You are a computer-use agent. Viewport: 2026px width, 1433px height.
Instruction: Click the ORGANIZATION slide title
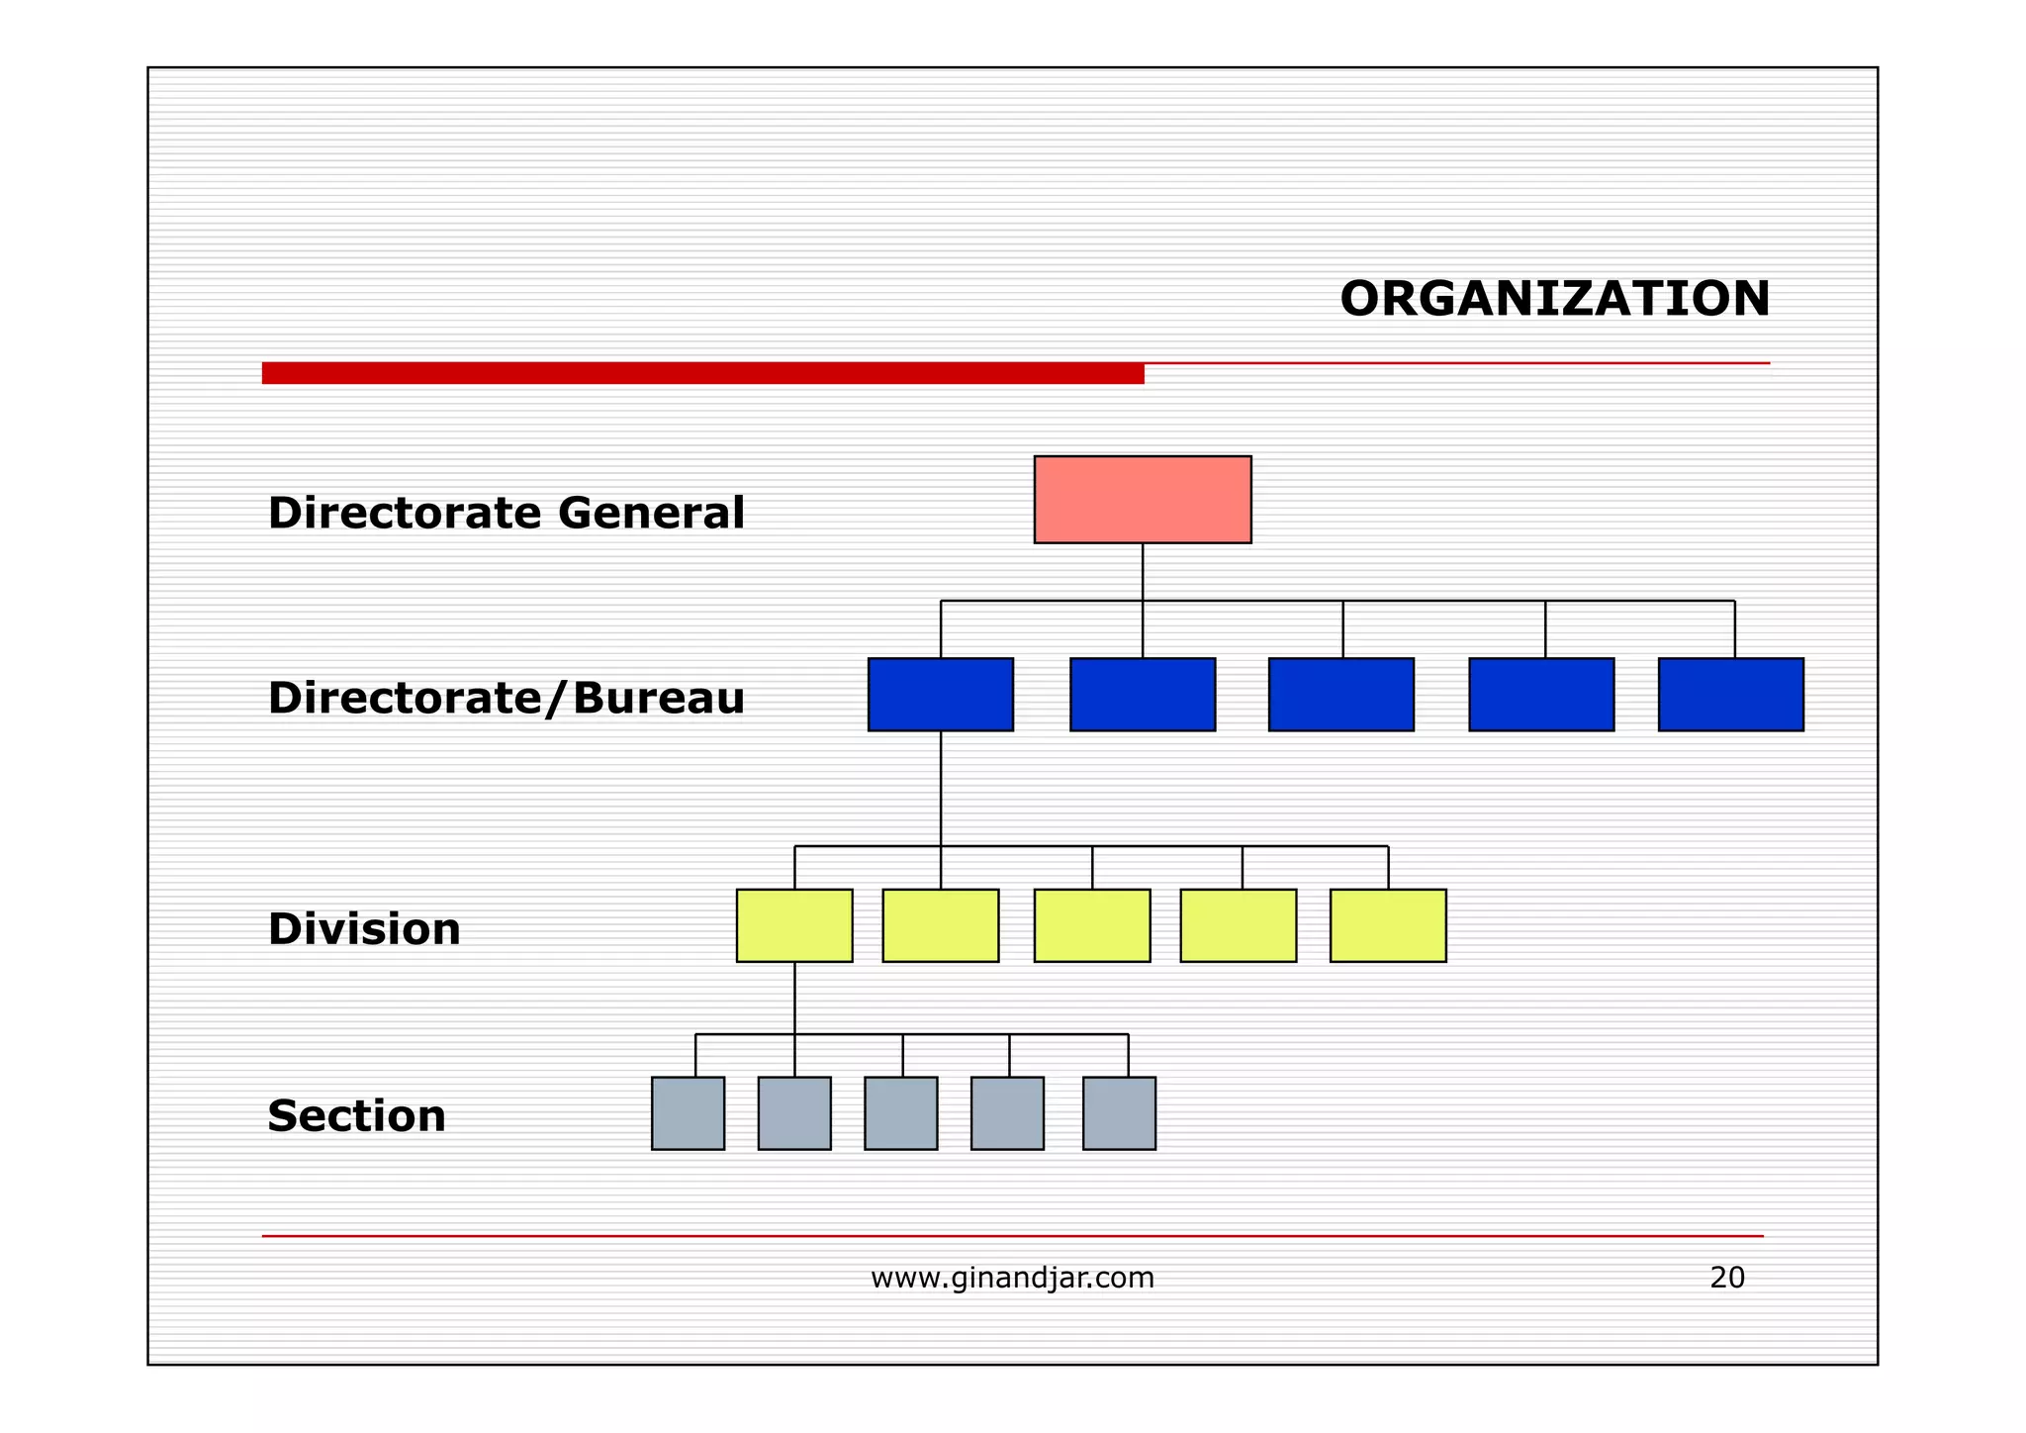coord(1554,299)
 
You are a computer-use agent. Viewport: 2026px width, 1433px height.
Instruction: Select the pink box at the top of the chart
coord(1143,500)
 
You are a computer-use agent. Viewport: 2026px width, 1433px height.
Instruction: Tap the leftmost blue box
coord(940,695)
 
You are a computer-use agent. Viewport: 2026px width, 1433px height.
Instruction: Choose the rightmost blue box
coord(1730,695)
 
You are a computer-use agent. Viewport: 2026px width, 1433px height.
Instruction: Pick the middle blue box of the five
coord(1340,695)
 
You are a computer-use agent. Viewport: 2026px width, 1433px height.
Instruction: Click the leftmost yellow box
coord(794,925)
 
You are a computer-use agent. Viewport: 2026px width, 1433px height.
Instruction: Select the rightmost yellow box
coord(1387,925)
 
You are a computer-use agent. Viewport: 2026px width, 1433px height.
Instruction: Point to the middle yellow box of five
coord(1092,925)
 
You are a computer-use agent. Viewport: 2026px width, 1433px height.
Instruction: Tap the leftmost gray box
coord(688,1113)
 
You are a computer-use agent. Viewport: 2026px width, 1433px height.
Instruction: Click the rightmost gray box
coord(1119,1113)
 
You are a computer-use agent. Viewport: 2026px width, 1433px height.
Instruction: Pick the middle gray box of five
coord(900,1113)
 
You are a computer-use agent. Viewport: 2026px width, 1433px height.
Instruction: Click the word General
coord(651,514)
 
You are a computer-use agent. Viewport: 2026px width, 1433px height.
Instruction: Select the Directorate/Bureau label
coord(506,699)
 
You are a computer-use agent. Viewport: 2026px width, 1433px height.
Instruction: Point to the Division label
coord(364,929)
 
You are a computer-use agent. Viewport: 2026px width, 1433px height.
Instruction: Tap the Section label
coord(356,1116)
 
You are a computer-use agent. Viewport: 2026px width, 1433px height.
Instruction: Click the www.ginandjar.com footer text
coord(1012,1278)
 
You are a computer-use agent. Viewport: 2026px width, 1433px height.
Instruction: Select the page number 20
coord(1727,1278)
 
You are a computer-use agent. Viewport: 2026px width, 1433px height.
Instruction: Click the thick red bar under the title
coord(702,373)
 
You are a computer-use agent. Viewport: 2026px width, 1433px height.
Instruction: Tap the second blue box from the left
coord(1143,695)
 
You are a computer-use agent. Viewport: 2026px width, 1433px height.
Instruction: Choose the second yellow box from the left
coord(940,925)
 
